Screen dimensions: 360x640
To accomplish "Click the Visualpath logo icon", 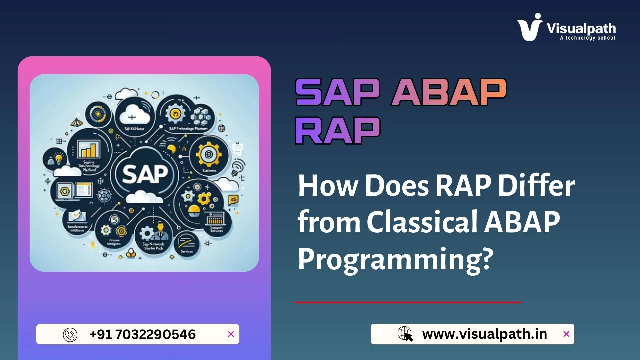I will click(529, 27).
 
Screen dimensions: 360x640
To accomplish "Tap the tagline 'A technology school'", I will click(587, 38).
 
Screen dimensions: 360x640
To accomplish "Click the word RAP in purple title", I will click(337, 130).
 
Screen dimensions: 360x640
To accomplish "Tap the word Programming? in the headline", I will click(395, 259).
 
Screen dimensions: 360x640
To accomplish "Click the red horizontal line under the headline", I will click(407, 302).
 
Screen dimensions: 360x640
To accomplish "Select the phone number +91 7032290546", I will click(143, 334).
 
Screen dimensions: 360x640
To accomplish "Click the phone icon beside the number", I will click(70, 335).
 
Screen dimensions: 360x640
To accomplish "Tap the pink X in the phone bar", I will click(231, 334).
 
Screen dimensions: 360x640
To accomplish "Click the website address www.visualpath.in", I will click(484, 334).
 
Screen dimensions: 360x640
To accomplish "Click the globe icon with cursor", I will click(405, 334).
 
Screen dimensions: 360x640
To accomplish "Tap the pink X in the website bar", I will click(566, 334).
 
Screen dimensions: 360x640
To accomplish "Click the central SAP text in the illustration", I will click(145, 174).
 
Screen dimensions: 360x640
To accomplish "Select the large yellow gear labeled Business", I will click(209, 155).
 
